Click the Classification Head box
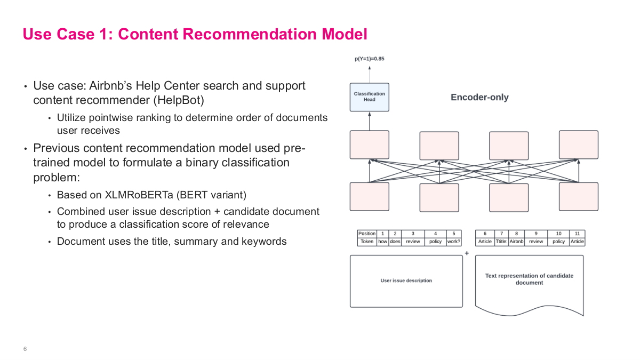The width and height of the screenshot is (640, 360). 369,97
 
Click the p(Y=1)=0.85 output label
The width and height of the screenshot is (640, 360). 369,59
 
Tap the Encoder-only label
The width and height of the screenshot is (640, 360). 479,97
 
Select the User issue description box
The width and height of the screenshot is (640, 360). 406,281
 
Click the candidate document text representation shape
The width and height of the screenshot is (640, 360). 529,283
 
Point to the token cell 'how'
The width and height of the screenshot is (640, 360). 382,242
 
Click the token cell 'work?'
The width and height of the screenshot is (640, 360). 453,242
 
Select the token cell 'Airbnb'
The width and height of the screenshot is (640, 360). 516,242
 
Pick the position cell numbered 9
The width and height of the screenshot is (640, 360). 536,234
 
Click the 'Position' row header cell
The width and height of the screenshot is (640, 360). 367,234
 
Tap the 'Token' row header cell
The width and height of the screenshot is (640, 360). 367,242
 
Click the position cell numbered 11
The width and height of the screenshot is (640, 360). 578,234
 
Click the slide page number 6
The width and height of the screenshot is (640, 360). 25,349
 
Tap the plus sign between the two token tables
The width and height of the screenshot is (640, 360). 467,253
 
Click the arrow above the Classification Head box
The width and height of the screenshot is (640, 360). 369,73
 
